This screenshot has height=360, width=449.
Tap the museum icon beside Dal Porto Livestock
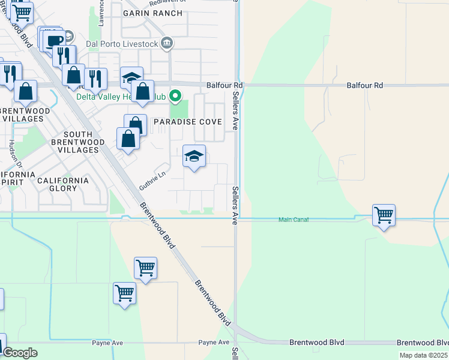point(168,43)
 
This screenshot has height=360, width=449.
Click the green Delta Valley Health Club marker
point(175,95)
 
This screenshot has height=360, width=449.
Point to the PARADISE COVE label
point(187,122)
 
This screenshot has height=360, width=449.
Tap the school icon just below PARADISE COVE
point(194,157)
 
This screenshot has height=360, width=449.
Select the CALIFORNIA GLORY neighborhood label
point(63,184)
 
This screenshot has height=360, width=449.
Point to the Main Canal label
point(294,220)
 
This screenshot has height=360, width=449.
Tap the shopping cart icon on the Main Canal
point(384,214)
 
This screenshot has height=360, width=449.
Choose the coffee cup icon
point(54,41)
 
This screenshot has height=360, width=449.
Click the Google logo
point(20,353)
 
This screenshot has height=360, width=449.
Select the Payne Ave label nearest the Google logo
point(107,343)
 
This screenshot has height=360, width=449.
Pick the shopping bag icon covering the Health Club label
point(143,92)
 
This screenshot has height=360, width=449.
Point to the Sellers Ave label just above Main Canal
point(235,205)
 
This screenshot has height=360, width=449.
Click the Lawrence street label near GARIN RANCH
point(102,13)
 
